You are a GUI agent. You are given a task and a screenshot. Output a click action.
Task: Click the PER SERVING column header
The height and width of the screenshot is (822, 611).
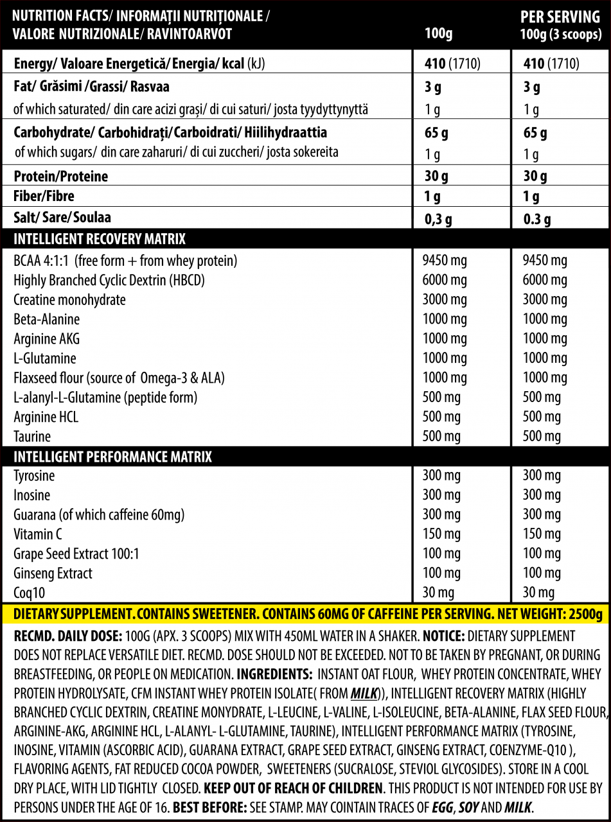561,17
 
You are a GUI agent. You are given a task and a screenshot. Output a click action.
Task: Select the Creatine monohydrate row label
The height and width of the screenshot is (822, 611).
69,300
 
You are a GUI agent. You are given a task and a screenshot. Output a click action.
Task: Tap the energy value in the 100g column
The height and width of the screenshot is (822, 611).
453,64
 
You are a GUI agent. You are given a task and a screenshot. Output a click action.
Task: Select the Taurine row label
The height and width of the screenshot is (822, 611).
32,437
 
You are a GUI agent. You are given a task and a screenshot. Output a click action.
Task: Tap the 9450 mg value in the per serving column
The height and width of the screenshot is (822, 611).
545,261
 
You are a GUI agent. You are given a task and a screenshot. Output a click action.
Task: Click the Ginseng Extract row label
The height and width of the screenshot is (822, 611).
53,573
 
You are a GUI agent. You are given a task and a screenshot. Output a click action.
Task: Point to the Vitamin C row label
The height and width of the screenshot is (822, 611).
38,534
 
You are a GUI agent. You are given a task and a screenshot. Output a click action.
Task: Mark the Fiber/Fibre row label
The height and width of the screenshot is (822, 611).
44,197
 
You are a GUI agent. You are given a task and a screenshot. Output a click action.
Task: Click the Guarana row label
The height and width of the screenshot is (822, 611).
99,515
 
